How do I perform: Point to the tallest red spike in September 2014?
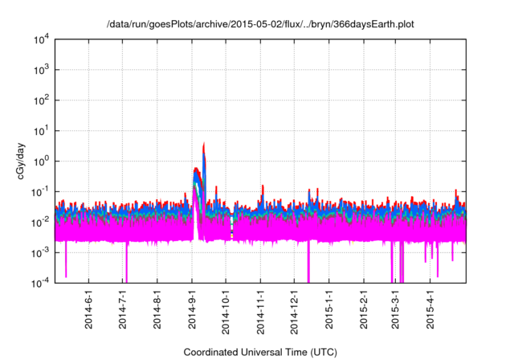point(204,145)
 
